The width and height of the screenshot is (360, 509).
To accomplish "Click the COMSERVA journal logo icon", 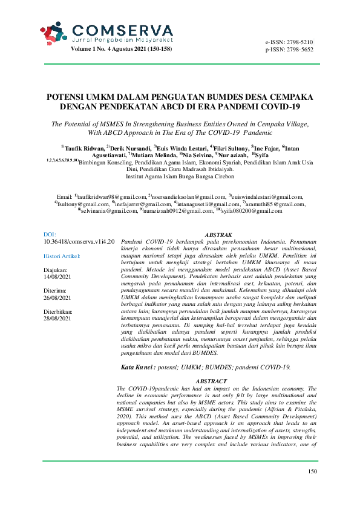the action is (53, 32).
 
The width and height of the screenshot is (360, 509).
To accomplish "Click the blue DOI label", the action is (50, 233).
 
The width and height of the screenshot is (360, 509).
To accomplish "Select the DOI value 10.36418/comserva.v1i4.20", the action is (79, 241).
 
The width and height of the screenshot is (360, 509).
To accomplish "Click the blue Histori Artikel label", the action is (67, 256).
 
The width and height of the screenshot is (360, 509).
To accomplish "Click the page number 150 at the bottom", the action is (312, 488).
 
